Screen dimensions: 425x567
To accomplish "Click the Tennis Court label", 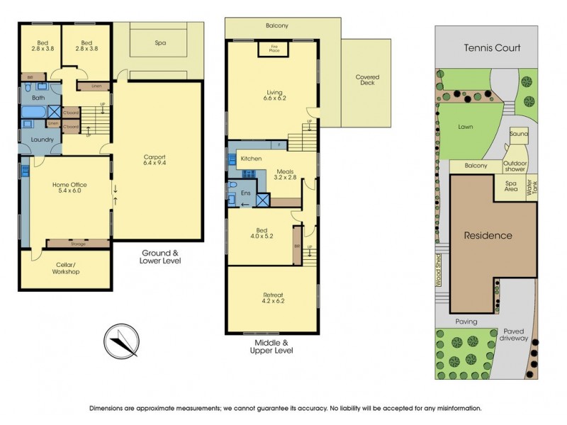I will tap(492, 48).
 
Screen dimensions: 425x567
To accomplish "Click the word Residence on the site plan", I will tap(488, 236).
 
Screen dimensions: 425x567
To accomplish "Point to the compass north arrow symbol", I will tap(121, 341).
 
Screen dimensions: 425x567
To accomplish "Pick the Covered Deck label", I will tap(366, 81).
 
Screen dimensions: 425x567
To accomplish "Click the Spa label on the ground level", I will tap(160, 43).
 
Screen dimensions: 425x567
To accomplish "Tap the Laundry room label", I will tap(43, 140).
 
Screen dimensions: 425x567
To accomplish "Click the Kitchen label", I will tap(252, 159).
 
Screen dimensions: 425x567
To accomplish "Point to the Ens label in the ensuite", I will tap(246, 192).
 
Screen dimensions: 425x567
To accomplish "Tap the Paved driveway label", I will tap(516, 334).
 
